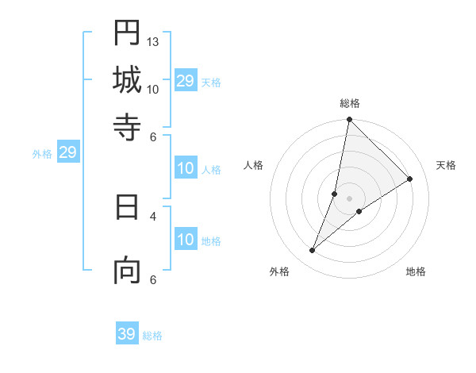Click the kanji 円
click(127, 34)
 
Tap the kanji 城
click(127, 80)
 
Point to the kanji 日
click(127, 208)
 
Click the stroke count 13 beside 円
click(153, 41)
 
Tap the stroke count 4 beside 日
click(153, 215)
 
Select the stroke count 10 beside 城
click(153, 89)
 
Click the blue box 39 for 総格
click(127, 334)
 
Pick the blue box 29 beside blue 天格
click(186, 80)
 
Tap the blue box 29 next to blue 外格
click(67, 152)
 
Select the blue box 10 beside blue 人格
click(186, 168)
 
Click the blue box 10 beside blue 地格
click(186, 240)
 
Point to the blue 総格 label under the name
click(152, 336)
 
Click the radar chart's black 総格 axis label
click(350, 103)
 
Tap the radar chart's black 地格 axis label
click(416, 271)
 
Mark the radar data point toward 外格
click(313, 251)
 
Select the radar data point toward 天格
click(410, 179)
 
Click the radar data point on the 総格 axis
click(350, 120)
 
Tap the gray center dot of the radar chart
click(350, 198)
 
